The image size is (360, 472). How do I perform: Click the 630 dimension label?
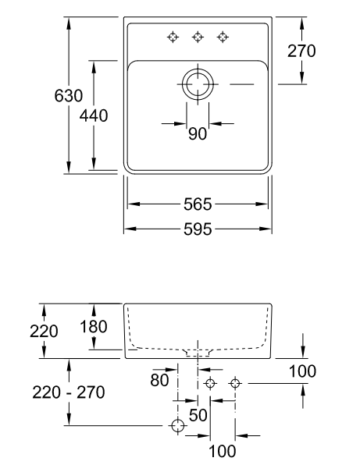[69, 96]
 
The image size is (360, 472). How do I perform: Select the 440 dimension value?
[94, 115]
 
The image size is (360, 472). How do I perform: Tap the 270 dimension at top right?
[301, 51]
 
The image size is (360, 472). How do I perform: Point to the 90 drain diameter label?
[198, 133]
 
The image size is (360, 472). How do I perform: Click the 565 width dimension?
[198, 204]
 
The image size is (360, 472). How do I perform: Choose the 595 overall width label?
[198, 229]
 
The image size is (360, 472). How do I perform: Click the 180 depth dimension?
[94, 327]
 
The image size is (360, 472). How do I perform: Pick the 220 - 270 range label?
[69, 392]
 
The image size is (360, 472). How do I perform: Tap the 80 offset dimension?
[159, 380]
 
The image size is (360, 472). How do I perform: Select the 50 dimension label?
[198, 415]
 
